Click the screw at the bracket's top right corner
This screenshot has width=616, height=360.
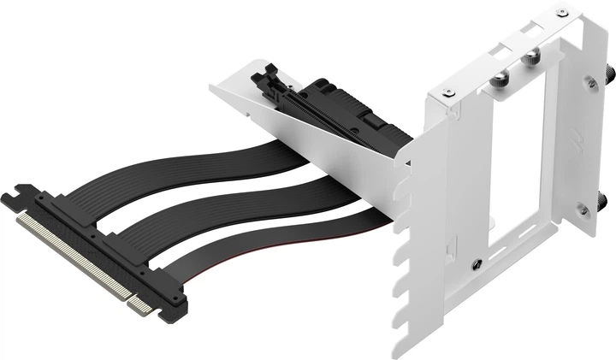coord(561,13)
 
